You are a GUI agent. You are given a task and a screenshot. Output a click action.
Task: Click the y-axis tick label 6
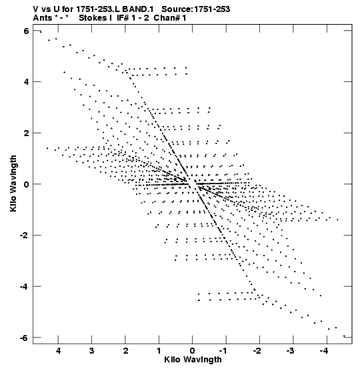(x=26, y=31)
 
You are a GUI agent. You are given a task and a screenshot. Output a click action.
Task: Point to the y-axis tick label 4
(x=26, y=82)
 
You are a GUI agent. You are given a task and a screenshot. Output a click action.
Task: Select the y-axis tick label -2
(x=24, y=235)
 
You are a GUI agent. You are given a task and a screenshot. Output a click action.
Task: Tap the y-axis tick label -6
(x=24, y=338)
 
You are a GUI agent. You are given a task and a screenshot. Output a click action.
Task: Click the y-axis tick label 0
(x=26, y=184)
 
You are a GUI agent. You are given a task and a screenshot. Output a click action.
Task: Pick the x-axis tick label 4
(x=58, y=351)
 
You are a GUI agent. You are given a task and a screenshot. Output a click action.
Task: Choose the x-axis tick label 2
(x=125, y=351)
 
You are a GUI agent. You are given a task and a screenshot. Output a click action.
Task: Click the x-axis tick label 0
(x=193, y=351)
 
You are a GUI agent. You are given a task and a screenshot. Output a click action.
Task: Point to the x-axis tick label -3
(x=290, y=351)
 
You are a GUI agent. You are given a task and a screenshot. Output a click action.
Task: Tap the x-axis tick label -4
(x=324, y=351)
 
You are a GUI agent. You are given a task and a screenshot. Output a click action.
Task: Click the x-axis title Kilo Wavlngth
(x=193, y=360)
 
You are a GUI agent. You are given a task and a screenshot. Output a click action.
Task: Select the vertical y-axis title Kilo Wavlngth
(x=13, y=183)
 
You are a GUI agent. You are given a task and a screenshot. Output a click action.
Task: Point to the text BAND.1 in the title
(x=138, y=9)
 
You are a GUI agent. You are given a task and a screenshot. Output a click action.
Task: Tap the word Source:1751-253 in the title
(x=195, y=9)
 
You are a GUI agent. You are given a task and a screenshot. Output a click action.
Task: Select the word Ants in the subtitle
(x=43, y=18)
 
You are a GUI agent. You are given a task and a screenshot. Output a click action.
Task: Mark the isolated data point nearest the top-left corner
(x=41, y=32)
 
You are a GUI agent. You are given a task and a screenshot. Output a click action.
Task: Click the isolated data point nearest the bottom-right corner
(x=344, y=336)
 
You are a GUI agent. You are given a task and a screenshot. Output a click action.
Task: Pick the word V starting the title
(x=36, y=9)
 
